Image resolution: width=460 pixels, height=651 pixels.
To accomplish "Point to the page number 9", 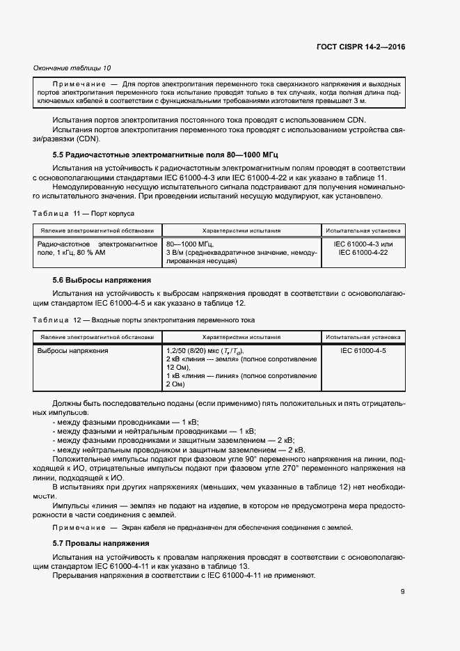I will pyautogui.click(x=402, y=592).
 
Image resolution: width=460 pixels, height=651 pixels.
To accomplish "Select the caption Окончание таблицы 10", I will pyautogui.click(x=72, y=68).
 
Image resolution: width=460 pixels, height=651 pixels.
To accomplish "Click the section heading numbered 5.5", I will pyautogui.click(x=166, y=153).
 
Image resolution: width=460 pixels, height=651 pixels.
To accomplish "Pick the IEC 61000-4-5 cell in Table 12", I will pyautogui.click(x=363, y=351).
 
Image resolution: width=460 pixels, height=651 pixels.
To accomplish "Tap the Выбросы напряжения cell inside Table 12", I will pyautogui.click(x=72, y=351).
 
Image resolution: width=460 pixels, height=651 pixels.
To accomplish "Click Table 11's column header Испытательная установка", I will pyautogui.click(x=363, y=230).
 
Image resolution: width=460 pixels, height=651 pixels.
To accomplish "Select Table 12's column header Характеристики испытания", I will pyautogui.click(x=241, y=336).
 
